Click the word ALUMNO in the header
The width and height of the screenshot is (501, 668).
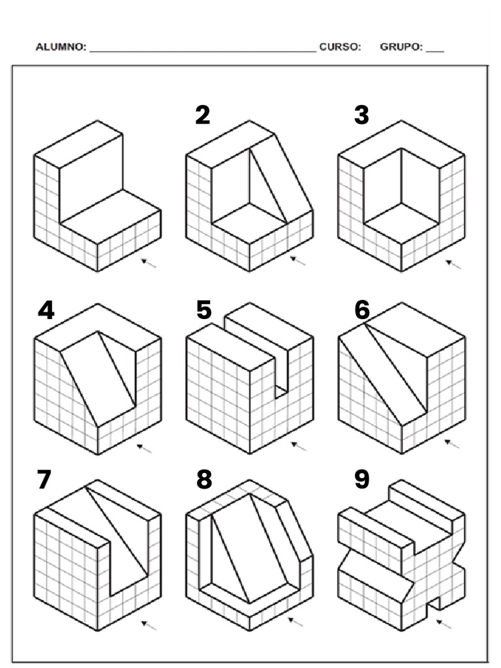tap(61, 47)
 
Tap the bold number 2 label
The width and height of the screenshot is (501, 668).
tap(203, 115)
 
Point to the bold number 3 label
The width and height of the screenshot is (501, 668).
tap(361, 115)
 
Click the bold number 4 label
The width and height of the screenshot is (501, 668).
tap(46, 310)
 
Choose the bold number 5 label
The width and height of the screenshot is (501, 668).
tap(204, 310)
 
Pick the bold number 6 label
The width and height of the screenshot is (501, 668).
tap(362, 310)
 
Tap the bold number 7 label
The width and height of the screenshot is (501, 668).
tap(44, 479)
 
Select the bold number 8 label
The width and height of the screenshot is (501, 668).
tap(204, 479)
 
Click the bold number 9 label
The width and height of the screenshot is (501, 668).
tap(362, 479)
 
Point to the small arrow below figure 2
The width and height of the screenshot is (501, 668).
tap(298, 261)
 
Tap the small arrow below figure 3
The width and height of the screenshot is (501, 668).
tap(453, 264)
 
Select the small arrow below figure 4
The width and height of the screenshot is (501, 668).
tap(145, 448)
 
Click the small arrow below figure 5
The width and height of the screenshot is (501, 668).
tap(298, 446)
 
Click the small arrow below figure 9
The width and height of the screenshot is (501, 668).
tap(444, 624)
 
